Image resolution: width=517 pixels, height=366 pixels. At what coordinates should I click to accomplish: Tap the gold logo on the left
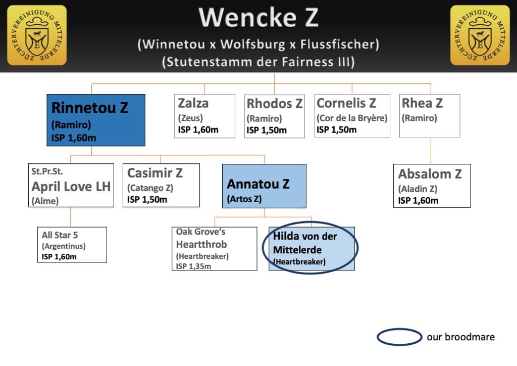tap(37, 35)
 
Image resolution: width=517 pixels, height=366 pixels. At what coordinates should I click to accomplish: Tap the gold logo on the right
tap(480, 35)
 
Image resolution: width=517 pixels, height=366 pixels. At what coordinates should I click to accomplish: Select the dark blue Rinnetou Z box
tap(96, 120)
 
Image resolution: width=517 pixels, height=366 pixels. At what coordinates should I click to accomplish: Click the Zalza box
tap(205, 116)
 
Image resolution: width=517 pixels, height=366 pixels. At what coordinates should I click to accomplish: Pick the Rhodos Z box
tap(274, 116)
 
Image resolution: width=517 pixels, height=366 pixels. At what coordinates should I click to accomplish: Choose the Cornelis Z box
tap(352, 116)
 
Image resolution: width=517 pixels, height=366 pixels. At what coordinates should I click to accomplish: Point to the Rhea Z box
tap(430, 116)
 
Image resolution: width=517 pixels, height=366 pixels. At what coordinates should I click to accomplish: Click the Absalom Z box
tap(432, 186)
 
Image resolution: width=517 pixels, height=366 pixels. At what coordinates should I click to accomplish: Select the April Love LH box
tap(71, 185)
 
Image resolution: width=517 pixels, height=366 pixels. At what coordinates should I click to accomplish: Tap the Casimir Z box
tap(161, 185)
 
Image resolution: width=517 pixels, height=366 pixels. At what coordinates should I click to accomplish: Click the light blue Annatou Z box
tap(264, 186)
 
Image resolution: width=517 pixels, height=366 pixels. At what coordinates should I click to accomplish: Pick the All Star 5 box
tap(72, 245)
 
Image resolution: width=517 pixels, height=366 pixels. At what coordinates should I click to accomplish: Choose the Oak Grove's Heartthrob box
tap(214, 249)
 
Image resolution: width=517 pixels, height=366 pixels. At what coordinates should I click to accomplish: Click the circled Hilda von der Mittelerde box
tap(312, 249)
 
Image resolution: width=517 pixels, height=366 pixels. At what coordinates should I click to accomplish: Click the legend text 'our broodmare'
tap(460, 337)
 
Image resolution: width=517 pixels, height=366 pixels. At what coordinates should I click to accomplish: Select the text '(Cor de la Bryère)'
tap(352, 118)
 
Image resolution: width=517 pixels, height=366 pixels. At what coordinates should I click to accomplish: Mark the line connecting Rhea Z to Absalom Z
tap(431, 151)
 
